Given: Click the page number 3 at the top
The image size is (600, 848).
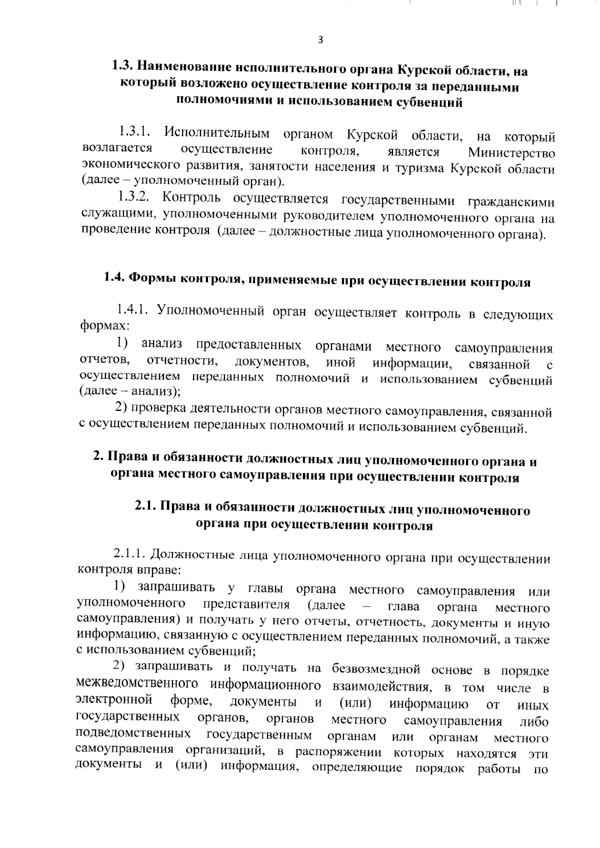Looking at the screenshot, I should coord(320,40).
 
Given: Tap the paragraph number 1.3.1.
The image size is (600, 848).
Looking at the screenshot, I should coord(135,133).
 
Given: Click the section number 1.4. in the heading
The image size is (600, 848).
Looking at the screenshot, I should coord(114,278).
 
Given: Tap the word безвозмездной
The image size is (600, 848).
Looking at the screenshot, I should coord(373,669).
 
